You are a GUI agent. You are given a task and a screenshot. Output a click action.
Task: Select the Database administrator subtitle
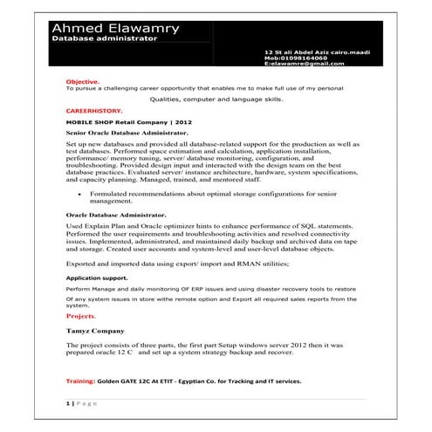click(x=105, y=39)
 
